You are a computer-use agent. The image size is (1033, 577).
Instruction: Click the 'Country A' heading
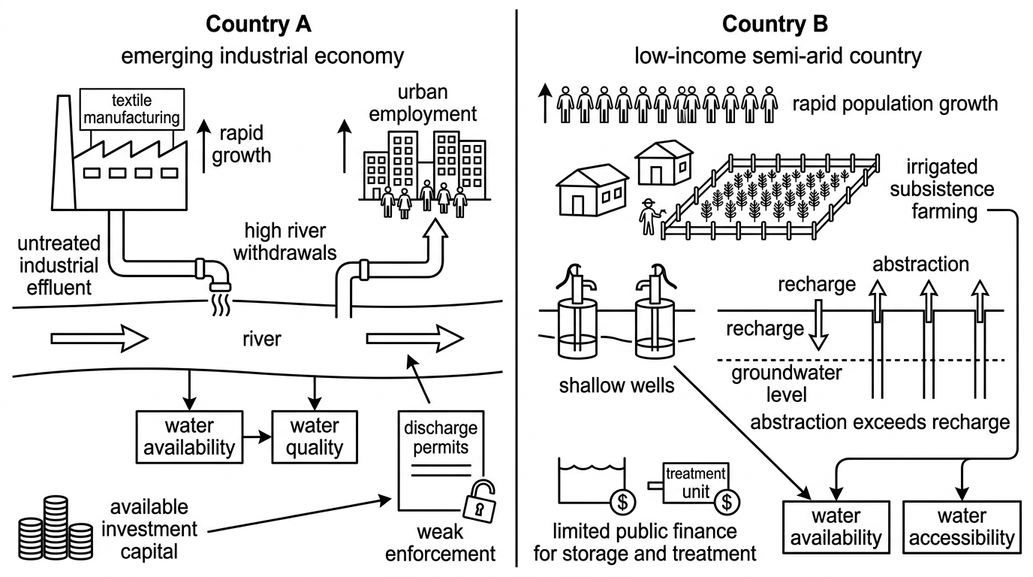click(258, 24)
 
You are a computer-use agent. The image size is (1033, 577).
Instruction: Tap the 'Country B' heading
click(775, 24)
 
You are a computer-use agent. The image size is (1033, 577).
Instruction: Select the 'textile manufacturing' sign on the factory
click(132, 109)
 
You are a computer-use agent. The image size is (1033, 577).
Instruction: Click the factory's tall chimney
click(64, 153)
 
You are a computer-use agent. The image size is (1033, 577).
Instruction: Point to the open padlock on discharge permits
click(479, 502)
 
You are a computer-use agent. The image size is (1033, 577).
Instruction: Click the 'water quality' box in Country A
click(315, 437)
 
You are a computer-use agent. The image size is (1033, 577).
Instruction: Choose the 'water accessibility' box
click(962, 527)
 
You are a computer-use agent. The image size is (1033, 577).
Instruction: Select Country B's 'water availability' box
click(836, 527)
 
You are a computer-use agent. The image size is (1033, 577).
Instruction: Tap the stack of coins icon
click(56, 527)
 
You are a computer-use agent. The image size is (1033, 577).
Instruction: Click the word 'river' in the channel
click(261, 339)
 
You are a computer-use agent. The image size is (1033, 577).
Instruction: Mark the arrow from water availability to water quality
click(257, 437)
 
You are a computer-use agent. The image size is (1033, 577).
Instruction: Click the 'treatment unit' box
click(696, 483)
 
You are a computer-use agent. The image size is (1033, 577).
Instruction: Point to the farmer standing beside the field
click(649, 216)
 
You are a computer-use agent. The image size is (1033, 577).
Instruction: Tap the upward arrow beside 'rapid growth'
click(204, 146)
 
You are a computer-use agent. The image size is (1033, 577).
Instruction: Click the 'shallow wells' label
click(616, 385)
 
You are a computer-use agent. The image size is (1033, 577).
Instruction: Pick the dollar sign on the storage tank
click(623, 501)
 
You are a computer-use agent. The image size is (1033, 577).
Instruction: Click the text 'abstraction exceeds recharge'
click(880, 422)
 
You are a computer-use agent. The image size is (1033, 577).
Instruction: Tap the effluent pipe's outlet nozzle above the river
click(220, 286)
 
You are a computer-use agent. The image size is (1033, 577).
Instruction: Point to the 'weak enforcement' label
click(440, 543)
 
